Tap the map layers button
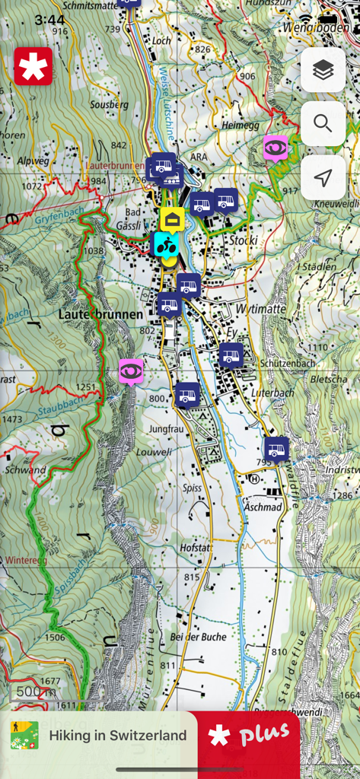pyautogui.click(x=323, y=70)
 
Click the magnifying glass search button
pyautogui.click(x=323, y=124)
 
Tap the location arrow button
pyautogui.click(x=323, y=178)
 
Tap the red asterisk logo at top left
pyautogui.click(x=33, y=66)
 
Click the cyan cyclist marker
pyautogui.click(x=166, y=244)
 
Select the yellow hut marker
pyautogui.click(x=172, y=220)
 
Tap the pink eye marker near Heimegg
pyautogui.click(x=275, y=147)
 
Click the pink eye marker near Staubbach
pyautogui.click(x=131, y=370)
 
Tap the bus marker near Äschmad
pyautogui.click(x=276, y=449)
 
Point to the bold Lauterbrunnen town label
pyautogui.click(x=100, y=313)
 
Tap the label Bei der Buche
pyautogui.click(x=199, y=637)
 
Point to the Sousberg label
pyautogui.click(x=110, y=104)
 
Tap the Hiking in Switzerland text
pyautogui.click(x=117, y=736)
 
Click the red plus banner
pyautogui.click(x=250, y=736)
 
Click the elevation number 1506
pyautogui.click(x=55, y=638)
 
